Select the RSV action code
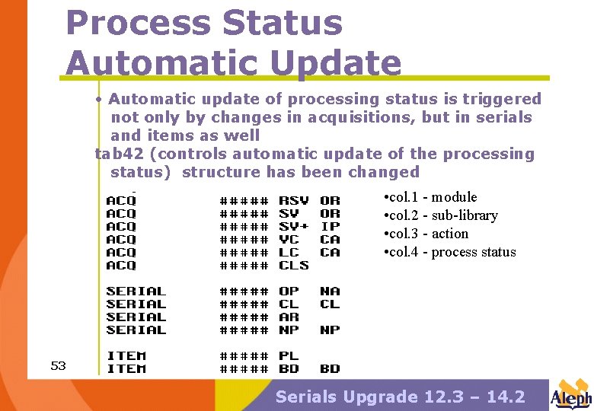pyautogui.click(x=294, y=201)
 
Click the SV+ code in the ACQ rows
pyautogui.click(x=294, y=227)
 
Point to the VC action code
pyautogui.click(x=289, y=240)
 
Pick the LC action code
pyautogui.click(x=289, y=253)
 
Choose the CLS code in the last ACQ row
pyautogui.click(x=294, y=266)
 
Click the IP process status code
pyautogui.click(x=330, y=227)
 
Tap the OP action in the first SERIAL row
pyautogui.click(x=289, y=292)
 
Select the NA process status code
pyautogui.click(x=330, y=292)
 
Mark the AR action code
pyautogui.click(x=289, y=317)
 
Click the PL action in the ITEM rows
pyautogui.click(x=289, y=356)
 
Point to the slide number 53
pyautogui.click(x=58, y=366)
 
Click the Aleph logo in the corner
pyautogui.click(x=570, y=394)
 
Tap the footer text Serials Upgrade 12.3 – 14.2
pyautogui.click(x=400, y=397)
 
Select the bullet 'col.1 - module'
pyautogui.click(x=431, y=197)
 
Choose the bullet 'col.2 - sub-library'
pyautogui.click(x=441, y=215)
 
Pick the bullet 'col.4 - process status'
pyautogui.click(x=450, y=252)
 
